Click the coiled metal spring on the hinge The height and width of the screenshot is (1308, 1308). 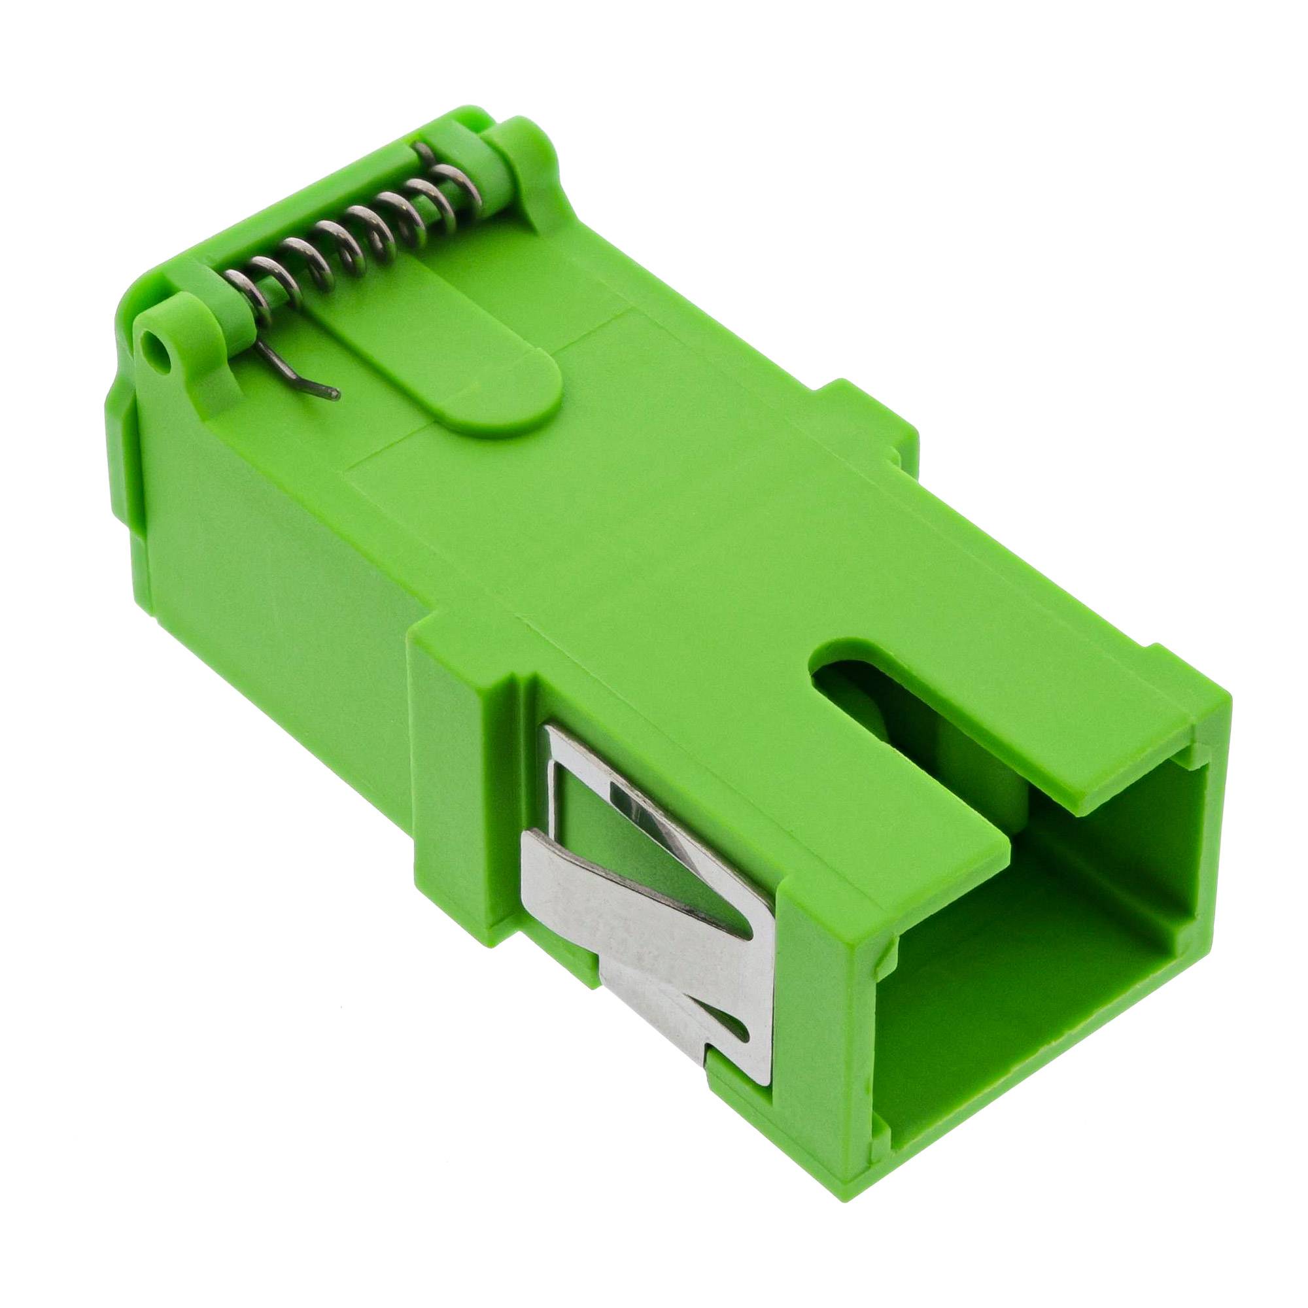[x=352, y=237]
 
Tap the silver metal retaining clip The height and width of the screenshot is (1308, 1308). [x=650, y=880]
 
